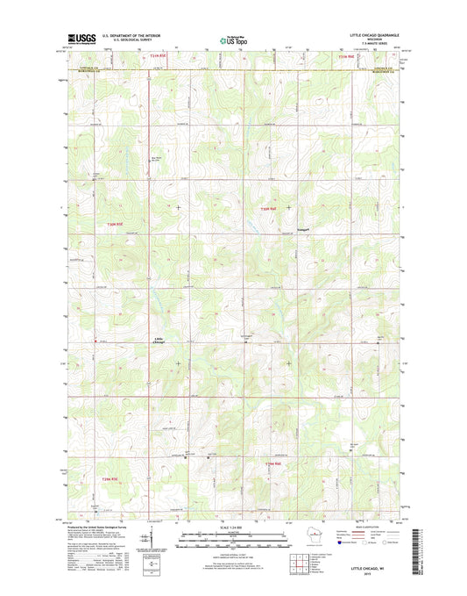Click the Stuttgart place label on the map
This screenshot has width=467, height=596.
tap(290, 232)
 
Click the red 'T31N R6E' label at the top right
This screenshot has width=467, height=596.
tap(346, 56)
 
